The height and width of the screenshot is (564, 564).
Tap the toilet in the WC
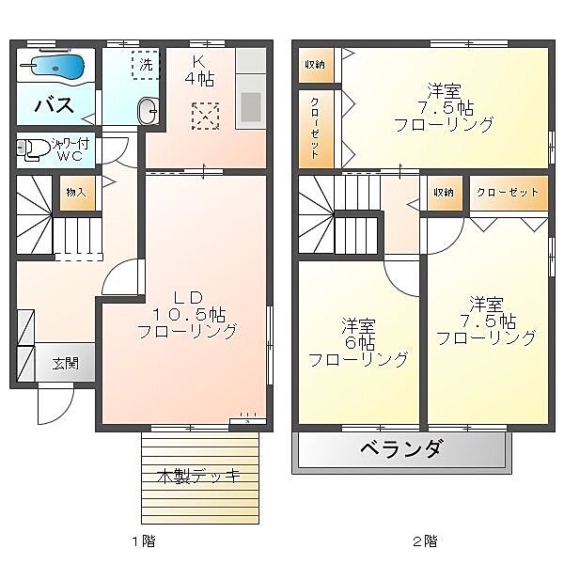(33, 149)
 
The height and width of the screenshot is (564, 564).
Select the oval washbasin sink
(149, 111)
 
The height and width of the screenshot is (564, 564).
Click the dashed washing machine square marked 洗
(146, 65)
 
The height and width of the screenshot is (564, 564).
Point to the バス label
(55, 105)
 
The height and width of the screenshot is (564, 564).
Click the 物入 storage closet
(77, 193)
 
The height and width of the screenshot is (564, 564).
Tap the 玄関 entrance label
(65, 363)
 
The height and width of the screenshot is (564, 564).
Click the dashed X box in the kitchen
(205, 117)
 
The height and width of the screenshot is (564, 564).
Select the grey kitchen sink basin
(251, 107)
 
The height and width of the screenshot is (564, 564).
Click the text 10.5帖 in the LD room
(190, 314)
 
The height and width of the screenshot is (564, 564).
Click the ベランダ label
(400, 448)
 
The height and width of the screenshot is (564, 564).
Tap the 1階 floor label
(144, 540)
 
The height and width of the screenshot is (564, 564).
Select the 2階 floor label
(426, 540)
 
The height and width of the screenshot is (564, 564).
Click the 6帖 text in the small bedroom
(360, 342)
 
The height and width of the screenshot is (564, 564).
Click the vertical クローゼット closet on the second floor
(316, 129)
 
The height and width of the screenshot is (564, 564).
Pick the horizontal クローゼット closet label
(508, 192)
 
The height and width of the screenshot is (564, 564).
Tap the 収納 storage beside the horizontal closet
(445, 193)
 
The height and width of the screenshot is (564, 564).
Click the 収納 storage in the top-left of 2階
(316, 65)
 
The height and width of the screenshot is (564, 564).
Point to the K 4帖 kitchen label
(200, 71)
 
